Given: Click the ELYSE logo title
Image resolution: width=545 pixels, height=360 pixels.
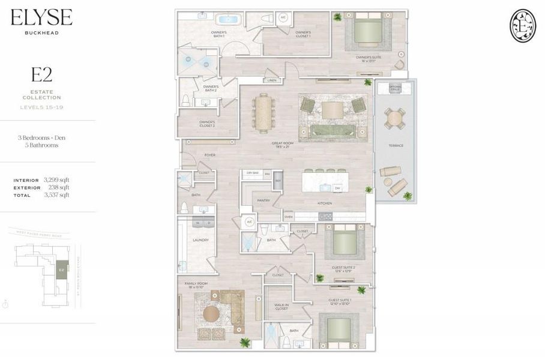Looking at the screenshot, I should pos(41,17).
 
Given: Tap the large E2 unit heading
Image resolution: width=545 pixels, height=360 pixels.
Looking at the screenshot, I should pos(41,75).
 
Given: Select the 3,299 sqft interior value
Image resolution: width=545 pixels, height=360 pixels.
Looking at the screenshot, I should pos(56,180).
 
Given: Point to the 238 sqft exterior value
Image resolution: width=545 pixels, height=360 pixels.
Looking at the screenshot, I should pos(56,187).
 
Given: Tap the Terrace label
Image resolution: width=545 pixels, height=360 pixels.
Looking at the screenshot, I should pos(396,145).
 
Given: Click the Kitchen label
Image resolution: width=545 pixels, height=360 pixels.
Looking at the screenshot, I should pos(325,203).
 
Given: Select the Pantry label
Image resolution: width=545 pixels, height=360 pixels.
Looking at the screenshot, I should pos(263,200).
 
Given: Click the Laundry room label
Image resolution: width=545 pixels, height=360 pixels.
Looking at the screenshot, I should pos(200,240).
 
